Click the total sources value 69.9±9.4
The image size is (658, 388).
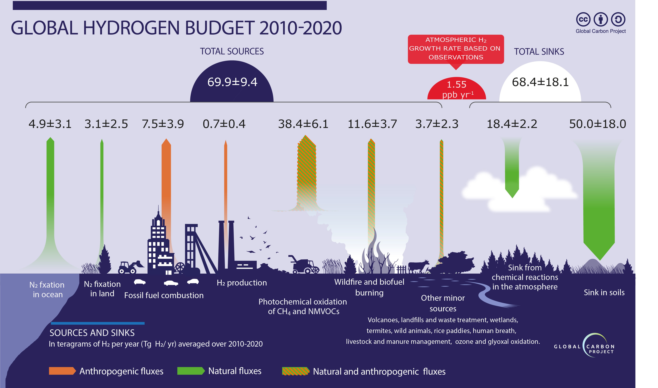coord(232,82)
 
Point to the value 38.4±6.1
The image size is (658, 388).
coord(303,124)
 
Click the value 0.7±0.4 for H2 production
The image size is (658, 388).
coord(224,124)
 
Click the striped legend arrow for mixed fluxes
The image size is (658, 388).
coord(295,371)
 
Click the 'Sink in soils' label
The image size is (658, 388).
coord(604,292)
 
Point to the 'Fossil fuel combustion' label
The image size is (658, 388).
coord(164,295)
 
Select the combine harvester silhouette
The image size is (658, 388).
coord(304,265)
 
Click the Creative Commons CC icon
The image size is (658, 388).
coord(583,19)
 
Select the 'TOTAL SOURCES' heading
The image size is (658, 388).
coord(232,51)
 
